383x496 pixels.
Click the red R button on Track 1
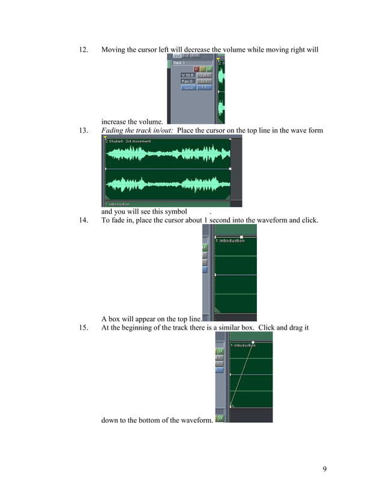click(196, 69)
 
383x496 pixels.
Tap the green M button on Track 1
click(209, 69)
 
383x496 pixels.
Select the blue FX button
click(204, 87)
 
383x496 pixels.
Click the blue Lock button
click(188, 87)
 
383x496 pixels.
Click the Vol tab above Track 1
click(176, 55)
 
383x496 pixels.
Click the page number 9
click(325, 469)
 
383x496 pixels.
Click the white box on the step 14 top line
click(241, 237)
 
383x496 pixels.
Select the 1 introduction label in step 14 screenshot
click(231, 241)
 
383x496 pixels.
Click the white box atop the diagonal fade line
click(253, 342)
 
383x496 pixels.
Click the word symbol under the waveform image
click(174, 211)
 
